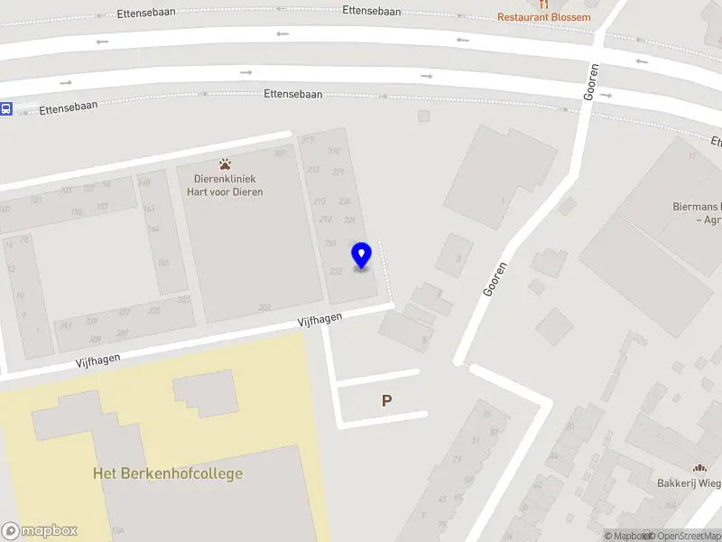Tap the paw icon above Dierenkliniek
[x=225, y=164]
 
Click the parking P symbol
[x=387, y=401]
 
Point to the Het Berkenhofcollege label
[x=168, y=473]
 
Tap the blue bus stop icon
[x=5, y=109]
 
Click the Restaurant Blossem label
[x=545, y=17]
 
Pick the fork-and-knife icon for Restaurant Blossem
[x=543, y=4]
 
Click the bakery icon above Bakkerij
[x=699, y=467]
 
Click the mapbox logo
[x=40, y=530]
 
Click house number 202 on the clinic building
[x=264, y=307]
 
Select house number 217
[x=308, y=140]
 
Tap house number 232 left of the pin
[x=336, y=271]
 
